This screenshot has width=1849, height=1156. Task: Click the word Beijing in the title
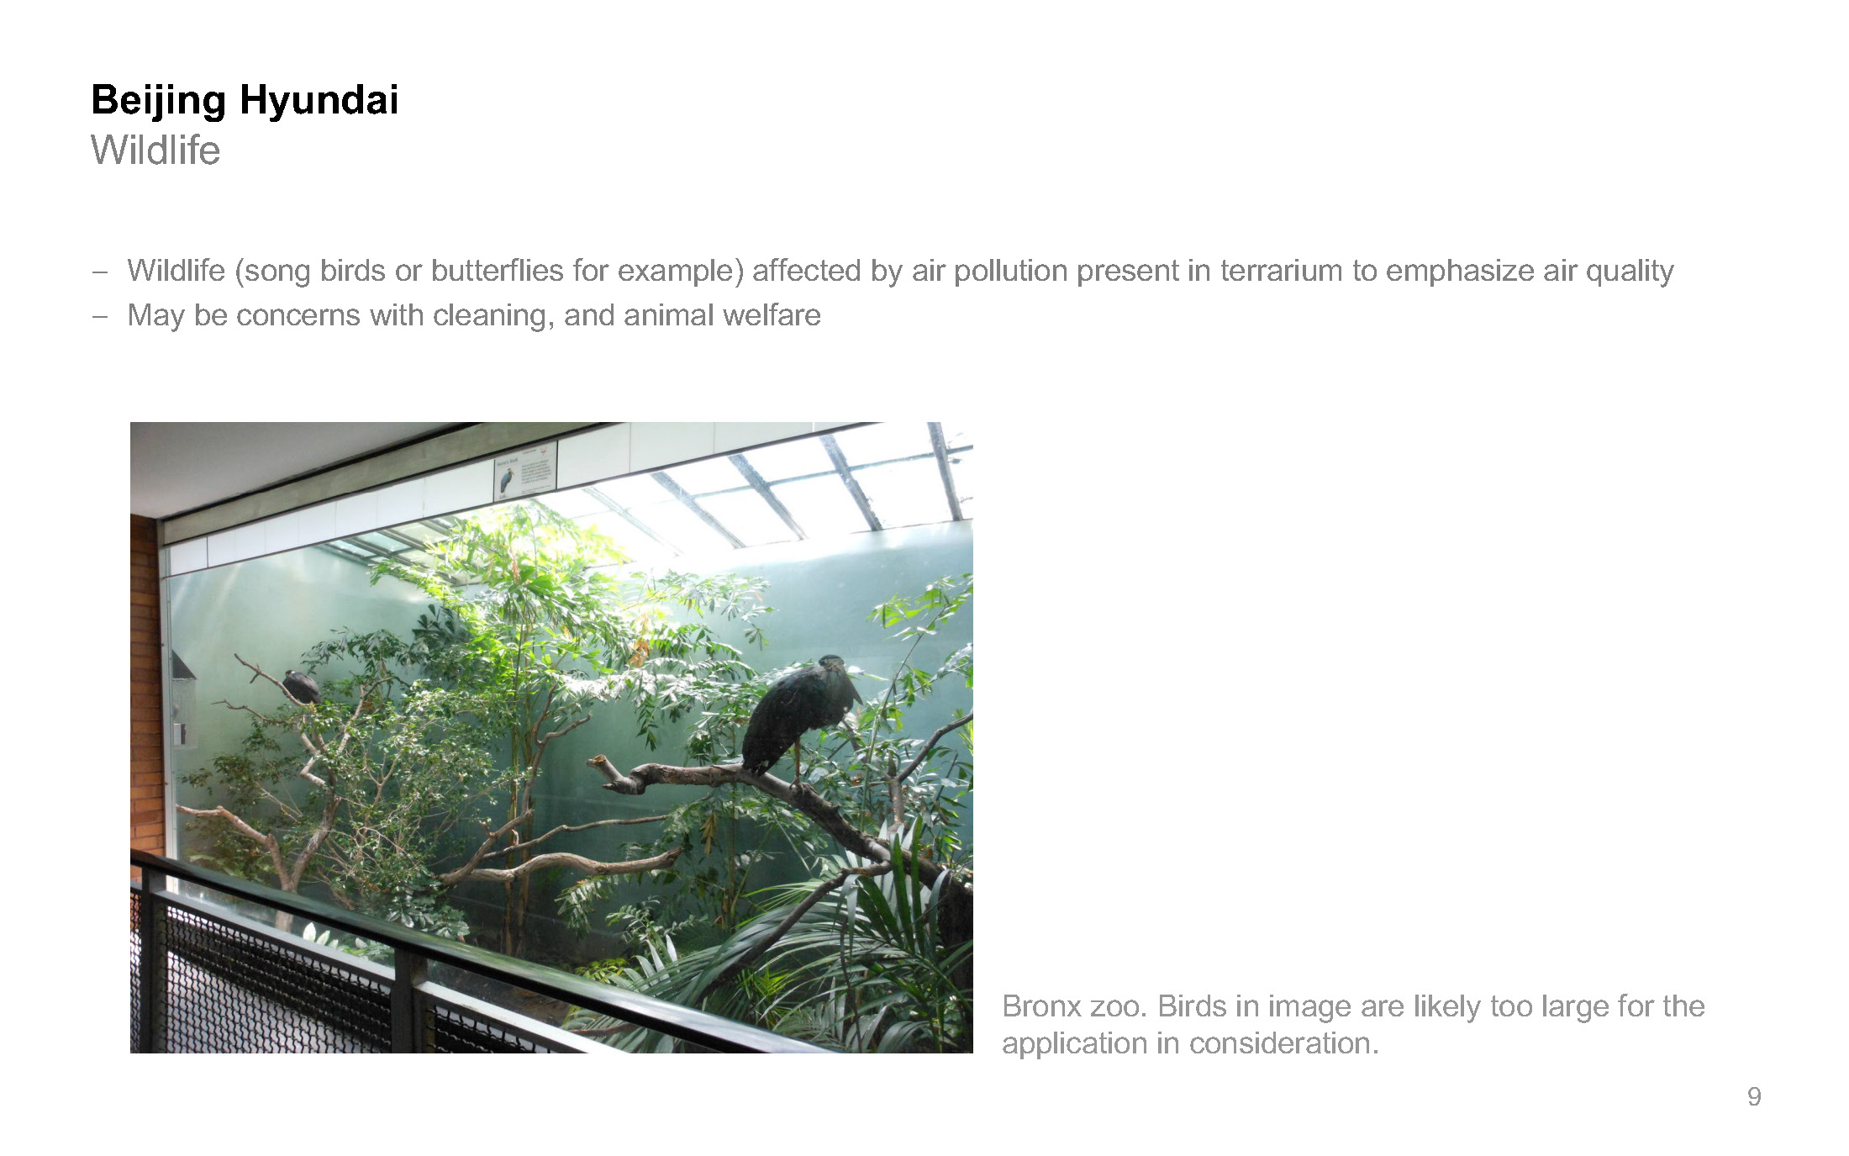[x=158, y=102]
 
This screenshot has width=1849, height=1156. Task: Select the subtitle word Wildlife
[x=155, y=150]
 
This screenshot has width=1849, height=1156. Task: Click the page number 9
[x=1754, y=1096]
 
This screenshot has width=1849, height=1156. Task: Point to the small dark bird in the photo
[x=300, y=686]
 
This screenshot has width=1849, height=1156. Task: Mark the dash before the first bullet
[x=100, y=272]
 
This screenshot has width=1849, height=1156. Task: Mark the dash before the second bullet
[x=100, y=316]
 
